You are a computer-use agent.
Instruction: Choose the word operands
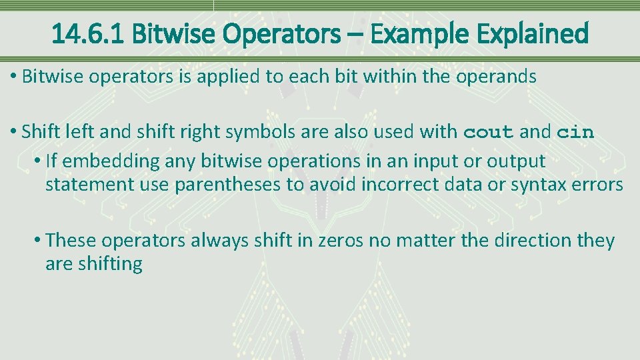click(x=496, y=77)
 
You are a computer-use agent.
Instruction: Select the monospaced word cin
click(x=575, y=132)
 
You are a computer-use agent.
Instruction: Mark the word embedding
click(x=102, y=161)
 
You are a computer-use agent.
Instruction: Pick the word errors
click(x=599, y=185)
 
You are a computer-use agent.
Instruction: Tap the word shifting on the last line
click(x=110, y=264)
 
